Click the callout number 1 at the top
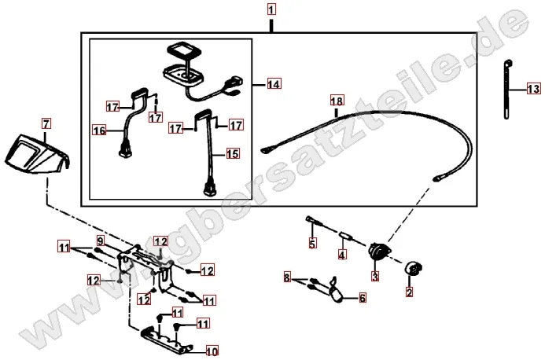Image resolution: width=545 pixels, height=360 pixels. (271, 9)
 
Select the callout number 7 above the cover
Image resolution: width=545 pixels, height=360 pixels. (46, 123)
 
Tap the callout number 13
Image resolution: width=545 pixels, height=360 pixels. (533, 89)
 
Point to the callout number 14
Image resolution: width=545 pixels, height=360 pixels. (274, 84)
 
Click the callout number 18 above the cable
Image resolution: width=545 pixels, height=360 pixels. (337, 101)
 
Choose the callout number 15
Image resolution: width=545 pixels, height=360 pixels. (233, 153)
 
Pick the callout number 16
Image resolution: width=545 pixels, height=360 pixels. (99, 130)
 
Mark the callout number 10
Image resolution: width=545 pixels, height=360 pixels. (212, 351)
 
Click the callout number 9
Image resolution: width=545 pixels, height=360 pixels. (101, 241)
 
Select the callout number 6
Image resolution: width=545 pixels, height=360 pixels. (363, 298)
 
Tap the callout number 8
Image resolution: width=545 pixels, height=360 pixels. (287, 277)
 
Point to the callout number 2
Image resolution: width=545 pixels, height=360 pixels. (409, 292)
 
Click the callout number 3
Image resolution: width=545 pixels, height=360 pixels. (375, 276)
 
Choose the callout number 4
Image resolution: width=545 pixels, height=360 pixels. (342, 255)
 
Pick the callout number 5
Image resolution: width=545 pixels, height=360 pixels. (312, 244)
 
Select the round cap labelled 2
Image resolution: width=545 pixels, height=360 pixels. (413, 269)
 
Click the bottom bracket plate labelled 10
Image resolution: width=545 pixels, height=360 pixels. (166, 339)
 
